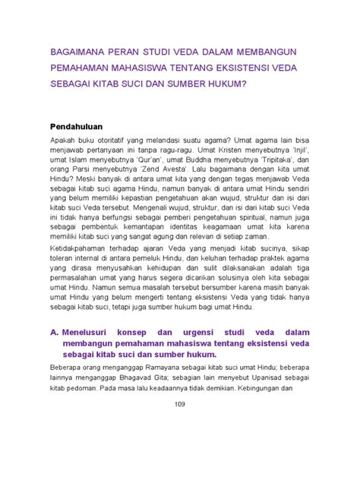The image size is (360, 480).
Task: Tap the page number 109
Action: (x=179, y=424)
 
